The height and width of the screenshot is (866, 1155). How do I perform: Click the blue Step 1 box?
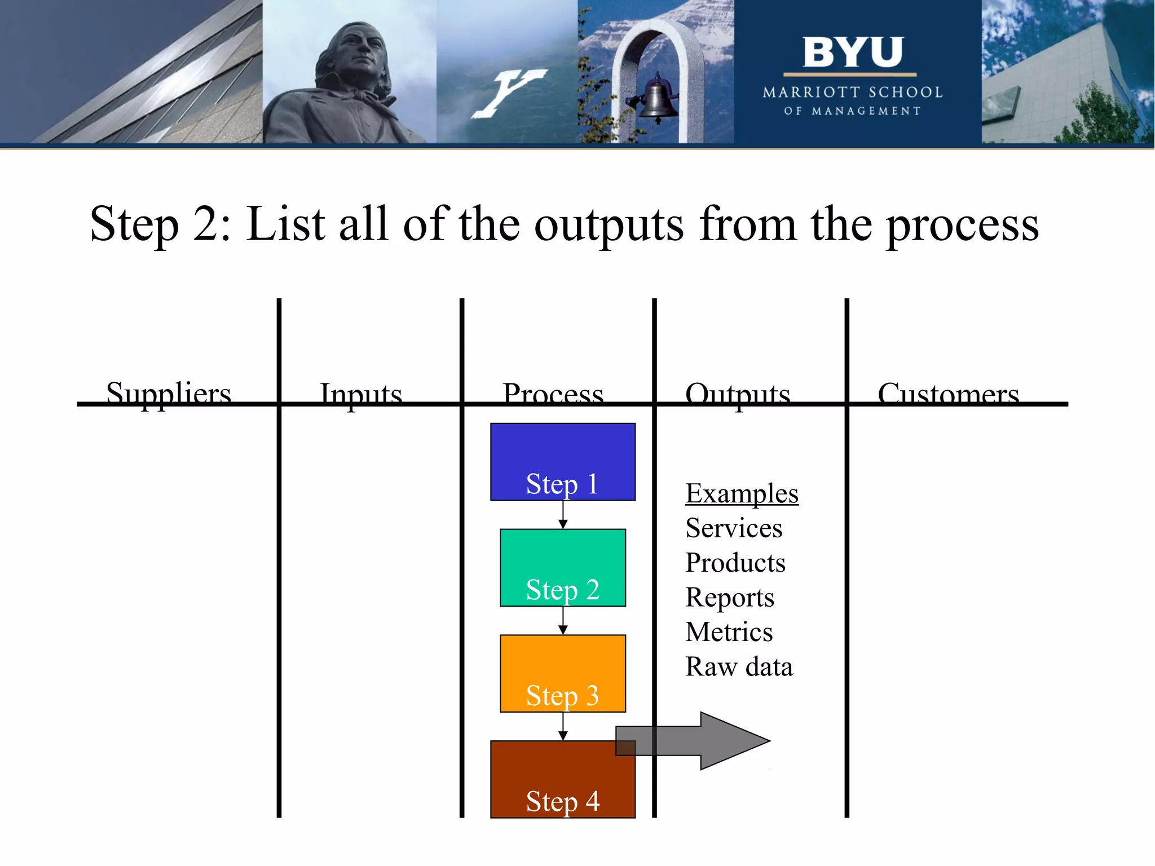[x=562, y=461]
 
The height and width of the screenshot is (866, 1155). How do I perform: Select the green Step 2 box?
[x=562, y=567]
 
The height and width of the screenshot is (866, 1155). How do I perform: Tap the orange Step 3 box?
[x=562, y=673]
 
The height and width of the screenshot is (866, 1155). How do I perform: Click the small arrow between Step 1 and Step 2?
[x=563, y=515]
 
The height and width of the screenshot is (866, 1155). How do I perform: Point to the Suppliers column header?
[x=169, y=393]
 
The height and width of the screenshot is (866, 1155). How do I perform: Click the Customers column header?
[x=948, y=394]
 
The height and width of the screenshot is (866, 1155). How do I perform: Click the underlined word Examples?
[x=741, y=494]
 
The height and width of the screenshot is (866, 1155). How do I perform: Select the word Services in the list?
[x=733, y=528]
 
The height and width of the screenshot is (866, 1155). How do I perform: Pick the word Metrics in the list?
[x=729, y=632]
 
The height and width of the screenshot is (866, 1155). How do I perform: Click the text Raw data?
[x=739, y=667]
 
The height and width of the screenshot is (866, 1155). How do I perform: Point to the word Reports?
[x=729, y=598]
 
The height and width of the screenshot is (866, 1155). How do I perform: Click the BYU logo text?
[x=852, y=52]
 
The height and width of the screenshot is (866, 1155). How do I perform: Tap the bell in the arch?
[x=657, y=99]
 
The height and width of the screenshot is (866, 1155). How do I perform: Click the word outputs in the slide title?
[x=609, y=224]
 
